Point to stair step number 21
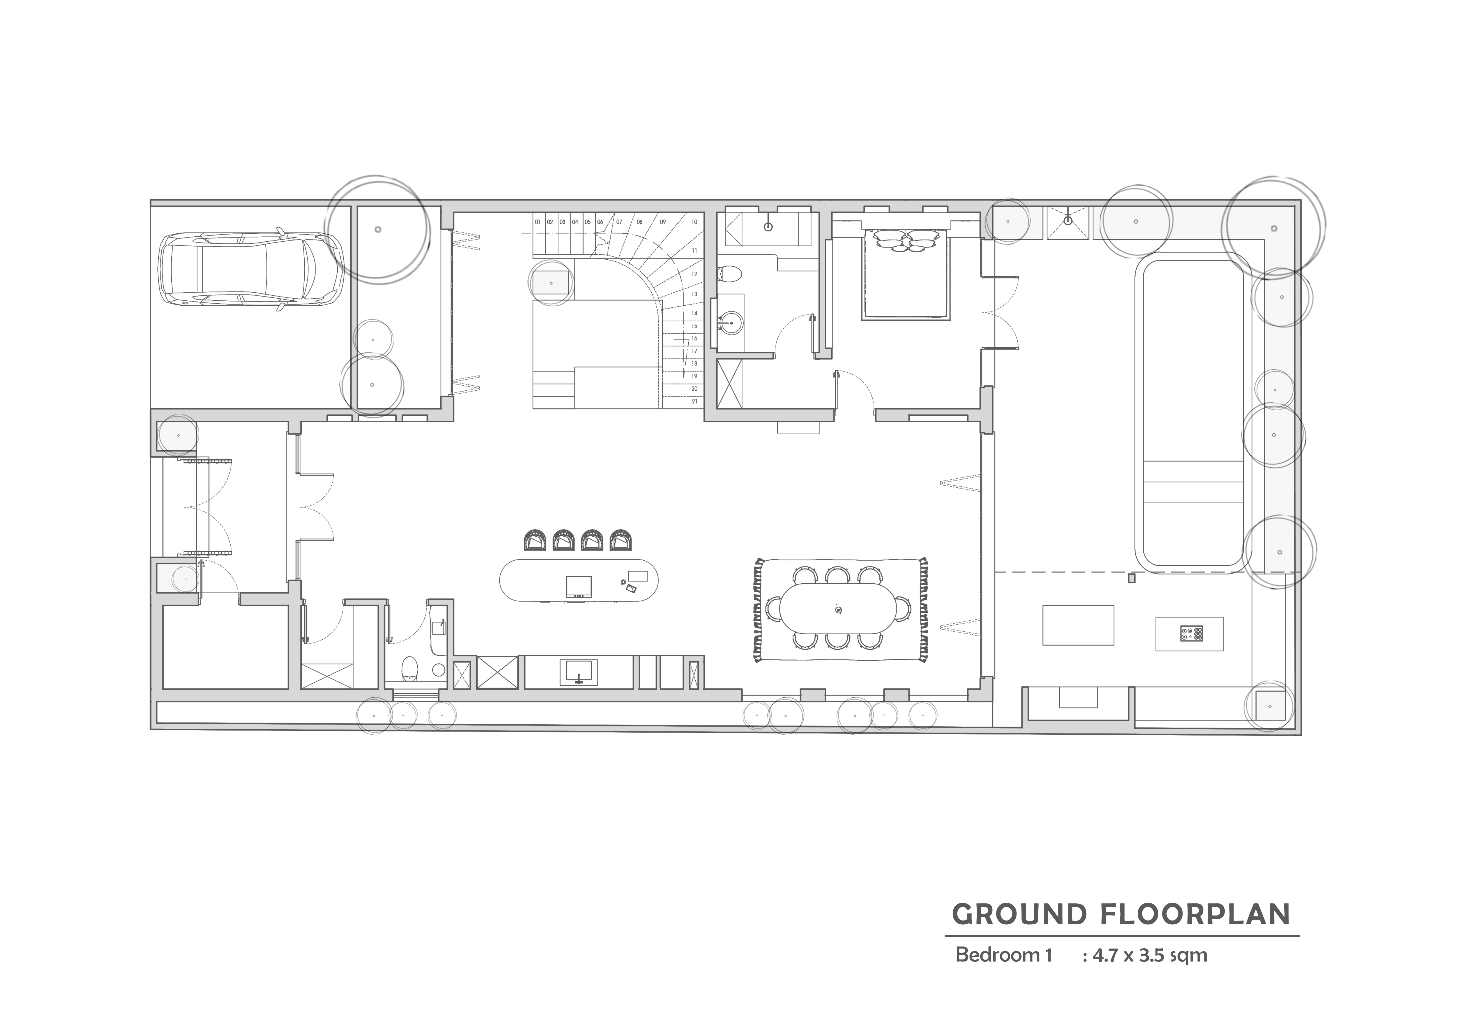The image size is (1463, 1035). [694, 402]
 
